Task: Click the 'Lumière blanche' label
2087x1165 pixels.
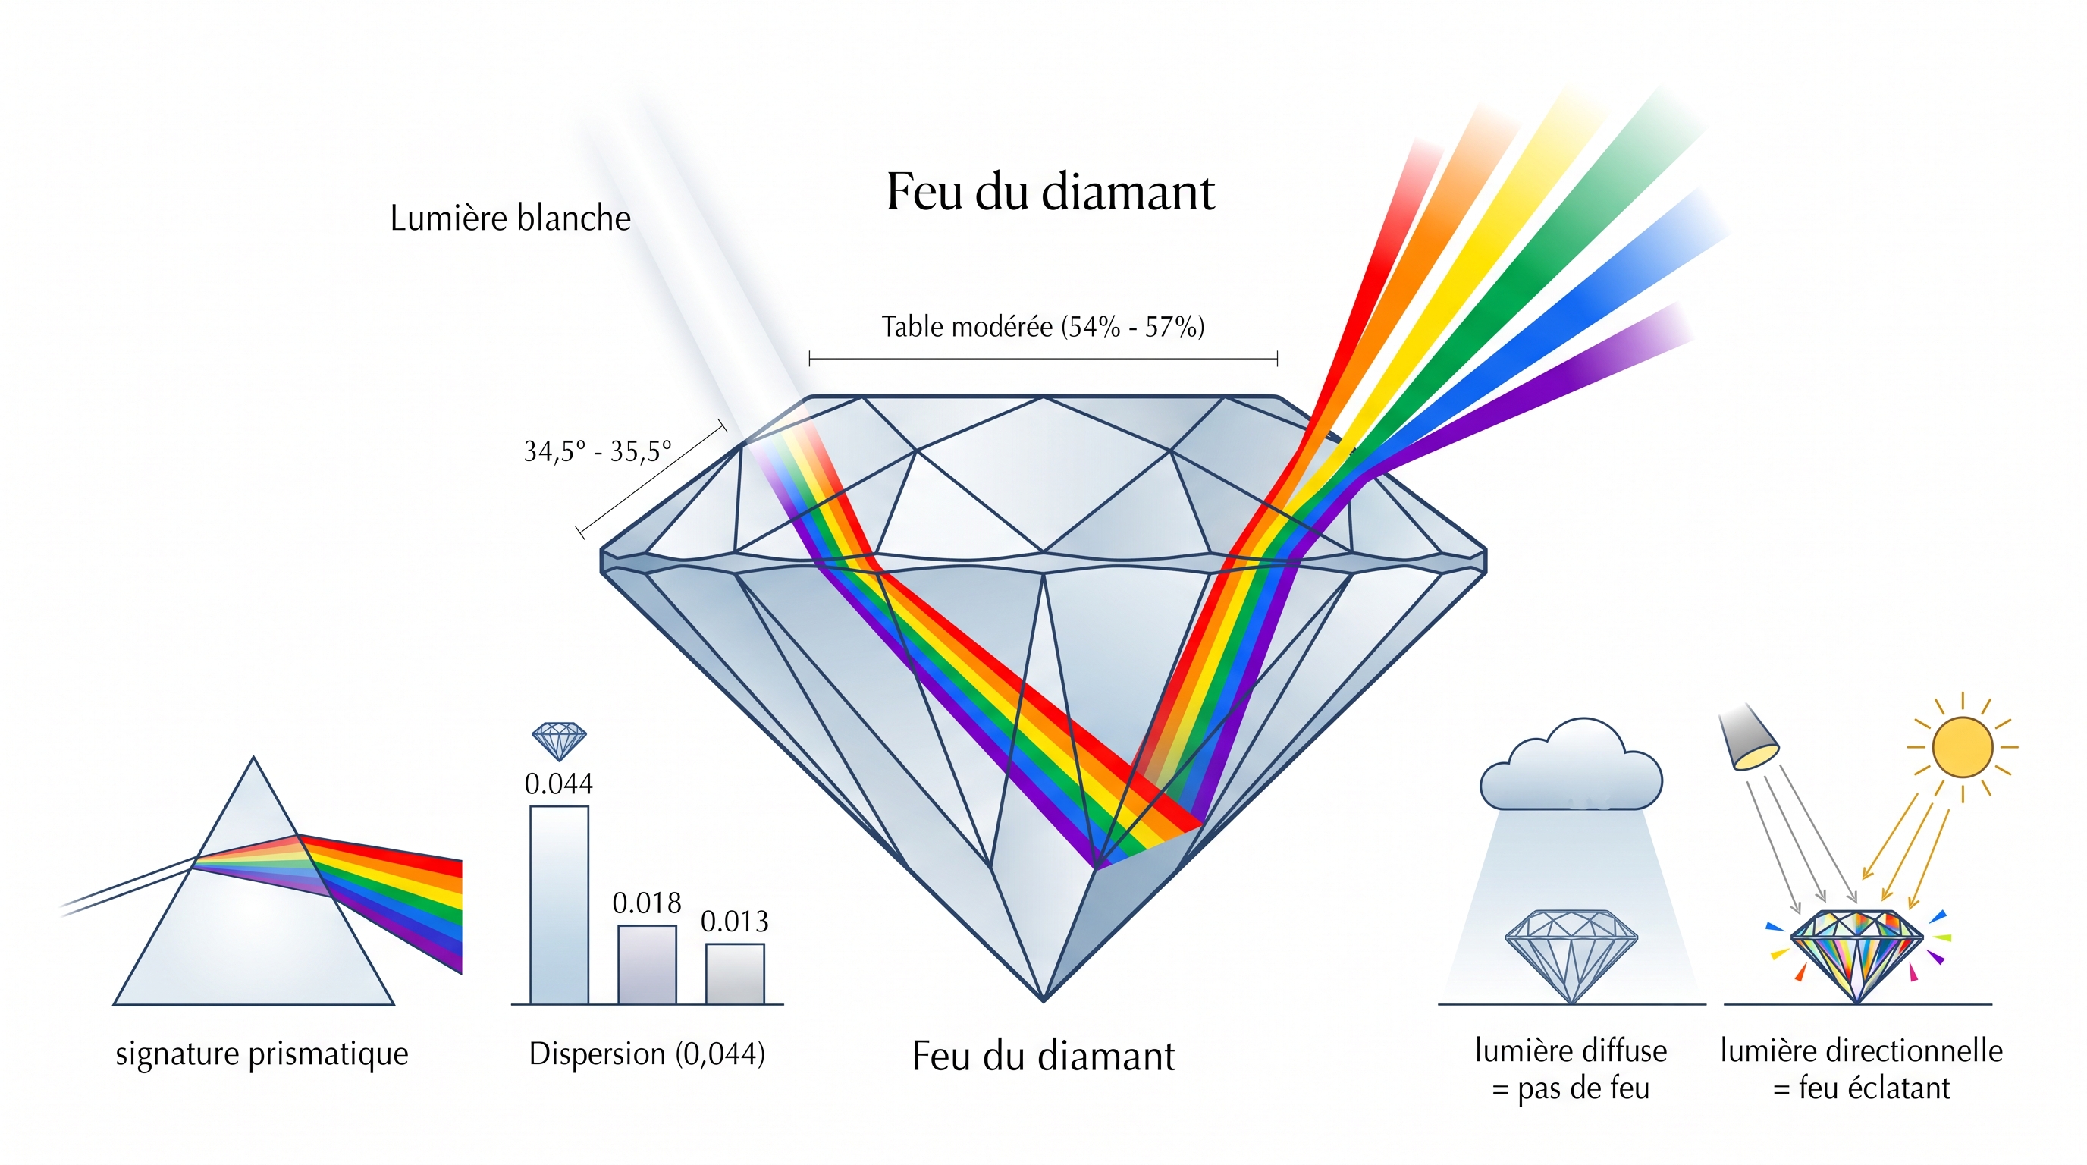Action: tap(510, 218)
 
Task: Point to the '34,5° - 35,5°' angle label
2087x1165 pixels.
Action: tap(598, 451)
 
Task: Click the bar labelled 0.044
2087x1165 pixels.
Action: tap(559, 905)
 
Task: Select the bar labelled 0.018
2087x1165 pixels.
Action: tap(648, 965)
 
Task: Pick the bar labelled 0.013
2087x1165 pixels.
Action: tap(735, 974)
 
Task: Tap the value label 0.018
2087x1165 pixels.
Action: tap(647, 903)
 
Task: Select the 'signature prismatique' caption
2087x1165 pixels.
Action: tap(262, 1054)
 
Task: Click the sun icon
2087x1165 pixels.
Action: tap(1962, 747)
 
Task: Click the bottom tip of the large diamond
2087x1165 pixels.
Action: tap(1043, 1001)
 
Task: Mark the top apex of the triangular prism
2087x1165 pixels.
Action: tap(253, 758)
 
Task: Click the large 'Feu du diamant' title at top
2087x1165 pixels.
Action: tap(1050, 192)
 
